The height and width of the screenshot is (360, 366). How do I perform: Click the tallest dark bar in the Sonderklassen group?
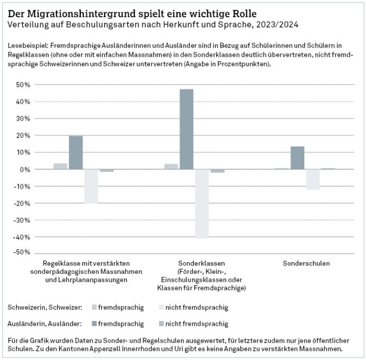click(x=186, y=129)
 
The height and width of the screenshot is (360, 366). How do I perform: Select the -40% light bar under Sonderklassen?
click(x=202, y=203)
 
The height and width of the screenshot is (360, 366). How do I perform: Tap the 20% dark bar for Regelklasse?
click(x=76, y=153)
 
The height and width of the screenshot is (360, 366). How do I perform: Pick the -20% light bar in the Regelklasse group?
click(x=91, y=186)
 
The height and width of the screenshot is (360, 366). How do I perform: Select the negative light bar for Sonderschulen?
click(x=313, y=180)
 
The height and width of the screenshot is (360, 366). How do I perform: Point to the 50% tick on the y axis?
click(x=23, y=85)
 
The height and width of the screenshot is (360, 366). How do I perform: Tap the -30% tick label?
click(x=23, y=220)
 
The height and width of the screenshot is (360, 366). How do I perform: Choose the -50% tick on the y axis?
click(x=23, y=253)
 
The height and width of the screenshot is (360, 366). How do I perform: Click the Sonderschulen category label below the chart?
click(x=306, y=264)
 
